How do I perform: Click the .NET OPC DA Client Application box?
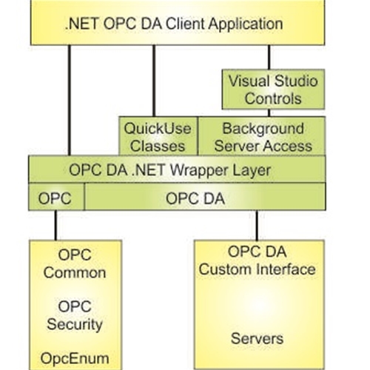[174, 23]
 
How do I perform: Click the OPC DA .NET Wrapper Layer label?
[169, 169]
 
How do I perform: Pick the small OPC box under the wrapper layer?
[55, 198]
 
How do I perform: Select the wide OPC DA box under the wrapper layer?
[203, 198]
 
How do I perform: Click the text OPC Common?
[74, 264]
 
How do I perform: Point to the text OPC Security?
[74, 315]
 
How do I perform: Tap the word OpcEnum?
[74, 358]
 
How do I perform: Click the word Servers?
[257, 339]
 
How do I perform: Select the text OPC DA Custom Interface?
[257, 260]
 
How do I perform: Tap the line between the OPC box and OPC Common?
[55, 226]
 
